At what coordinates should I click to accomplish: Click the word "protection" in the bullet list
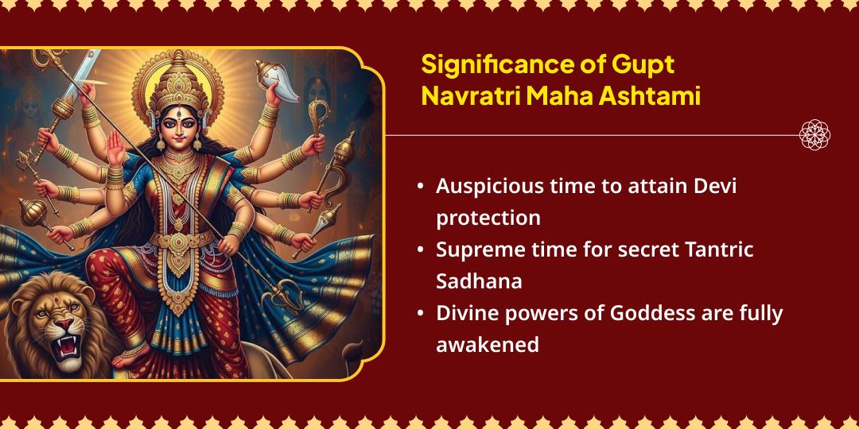pyautogui.click(x=488, y=218)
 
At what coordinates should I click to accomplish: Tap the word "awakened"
pyautogui.click(x=487, y=345)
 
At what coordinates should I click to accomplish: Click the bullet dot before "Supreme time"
pyautogui.click(x=420, y=250)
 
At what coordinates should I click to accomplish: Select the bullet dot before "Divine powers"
pyautogui.click(x=420, y=314)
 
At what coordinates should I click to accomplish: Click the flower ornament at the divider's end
pyautogui.click(x=814, y=134)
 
